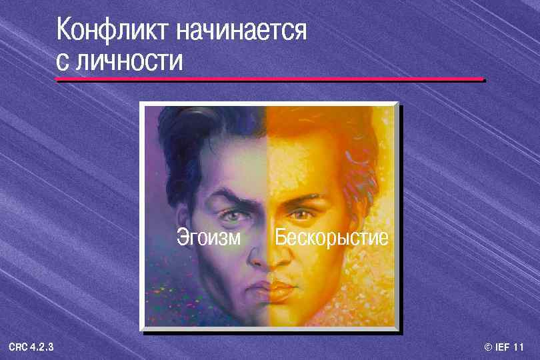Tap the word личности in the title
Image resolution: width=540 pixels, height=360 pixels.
[x=129, y=61]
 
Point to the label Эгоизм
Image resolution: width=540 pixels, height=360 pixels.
[x=209, y=237]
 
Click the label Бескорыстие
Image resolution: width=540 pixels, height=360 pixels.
[x=331, y=237]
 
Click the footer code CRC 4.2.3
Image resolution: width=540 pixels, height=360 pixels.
[x=31, y=347]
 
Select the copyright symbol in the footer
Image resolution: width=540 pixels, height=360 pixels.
[x=488, y=347]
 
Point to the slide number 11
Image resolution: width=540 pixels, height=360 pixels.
[x=519, y=347]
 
